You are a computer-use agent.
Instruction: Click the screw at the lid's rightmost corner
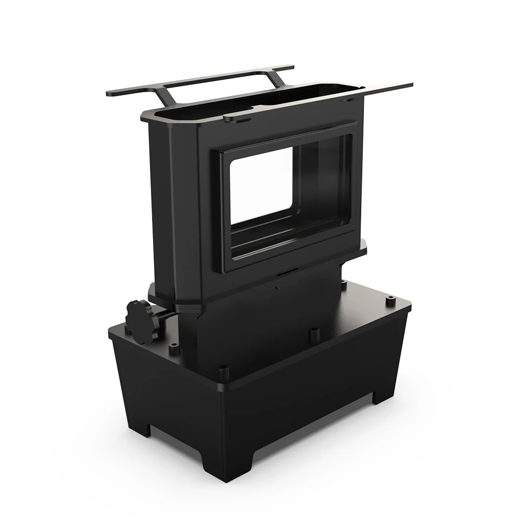tap(389, 300)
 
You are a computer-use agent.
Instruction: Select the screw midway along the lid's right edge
tap(313, 332)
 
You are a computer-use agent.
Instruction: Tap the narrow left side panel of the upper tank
tap(171, 208)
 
